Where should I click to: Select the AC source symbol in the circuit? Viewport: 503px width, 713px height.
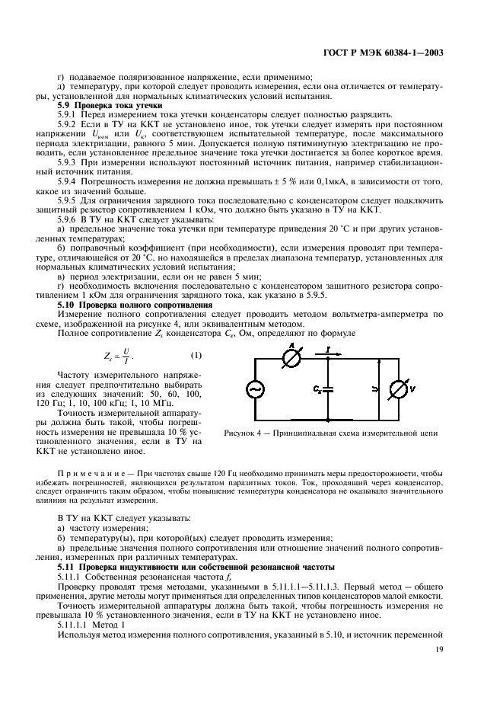(254, 388)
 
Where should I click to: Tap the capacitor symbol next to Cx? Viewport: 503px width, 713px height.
(328, 388)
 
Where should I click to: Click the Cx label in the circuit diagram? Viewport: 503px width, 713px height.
(316, 388)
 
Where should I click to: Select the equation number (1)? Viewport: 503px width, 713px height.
(196, 356)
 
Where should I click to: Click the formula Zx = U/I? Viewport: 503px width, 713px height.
(116, 356)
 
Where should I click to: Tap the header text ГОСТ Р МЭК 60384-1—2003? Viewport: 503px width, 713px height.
(394, 53)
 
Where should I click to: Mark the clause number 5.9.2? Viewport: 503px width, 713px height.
(70, 123)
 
